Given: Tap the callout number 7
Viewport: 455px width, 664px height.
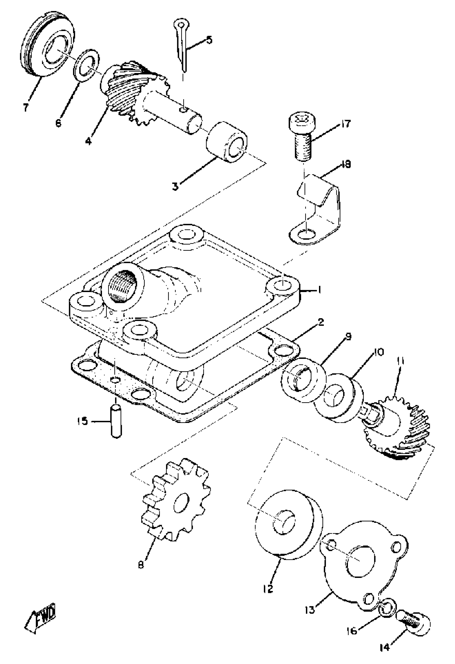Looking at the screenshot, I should pyautogui.click(x=25, y=108).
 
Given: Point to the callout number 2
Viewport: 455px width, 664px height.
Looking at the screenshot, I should pyautogui.click(x=321, y=323).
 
